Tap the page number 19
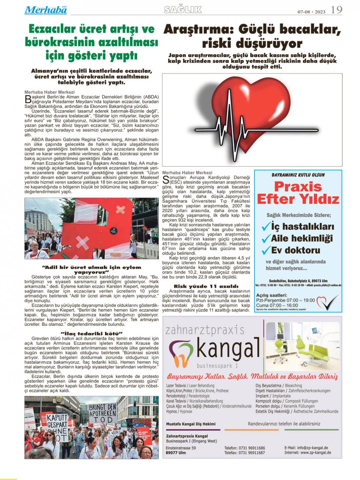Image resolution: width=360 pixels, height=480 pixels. (336, 10)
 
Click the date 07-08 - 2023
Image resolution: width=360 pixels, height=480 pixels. (311, 12)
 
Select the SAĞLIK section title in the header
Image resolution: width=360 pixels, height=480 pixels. (183, 10)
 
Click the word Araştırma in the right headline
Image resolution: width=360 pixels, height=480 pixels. (198, 30)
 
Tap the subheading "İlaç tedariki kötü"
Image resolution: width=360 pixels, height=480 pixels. (91, 333)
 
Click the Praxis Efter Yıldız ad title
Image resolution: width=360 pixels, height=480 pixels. (298, 193)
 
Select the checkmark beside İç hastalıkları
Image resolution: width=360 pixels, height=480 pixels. (266, 227)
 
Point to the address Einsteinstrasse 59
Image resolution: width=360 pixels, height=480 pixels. (181, 448)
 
